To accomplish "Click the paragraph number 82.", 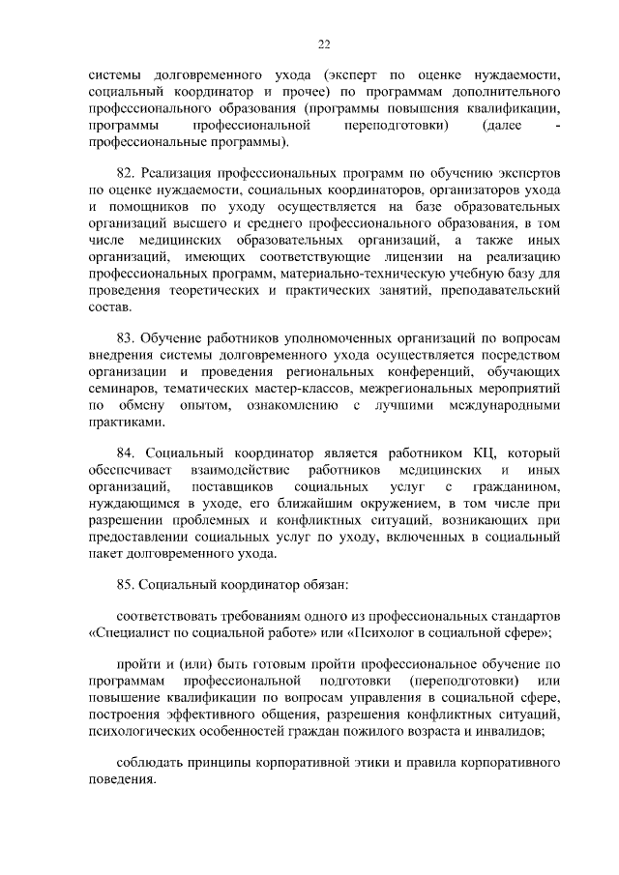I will pos(125,172).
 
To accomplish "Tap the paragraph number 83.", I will pos(125,337).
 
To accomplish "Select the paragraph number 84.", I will pos(125,452).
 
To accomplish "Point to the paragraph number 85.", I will pos(125,584).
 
